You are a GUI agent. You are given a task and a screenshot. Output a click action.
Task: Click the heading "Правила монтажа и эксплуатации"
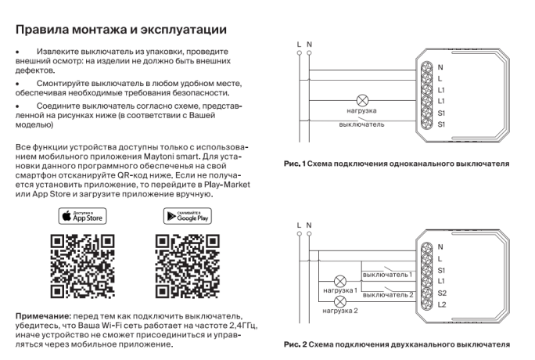[x=121, y=30]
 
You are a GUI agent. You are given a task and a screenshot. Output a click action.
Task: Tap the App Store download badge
[x=83, y=216]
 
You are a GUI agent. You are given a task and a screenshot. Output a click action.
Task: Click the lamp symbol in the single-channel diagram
[x=362, y=101]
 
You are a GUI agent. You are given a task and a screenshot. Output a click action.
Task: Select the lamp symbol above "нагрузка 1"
[x=340, y=280]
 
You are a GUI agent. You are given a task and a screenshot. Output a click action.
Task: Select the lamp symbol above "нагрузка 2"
[x=340, y=301]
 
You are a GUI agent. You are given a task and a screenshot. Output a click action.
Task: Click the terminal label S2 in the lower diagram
[x=442, y=292]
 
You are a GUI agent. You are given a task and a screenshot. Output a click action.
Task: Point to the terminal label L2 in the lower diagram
[x=442, y=304]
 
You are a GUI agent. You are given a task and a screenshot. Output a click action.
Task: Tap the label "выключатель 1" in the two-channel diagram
[x=387, y=275]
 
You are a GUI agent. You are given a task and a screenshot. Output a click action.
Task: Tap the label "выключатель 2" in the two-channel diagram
[x=387, y=294]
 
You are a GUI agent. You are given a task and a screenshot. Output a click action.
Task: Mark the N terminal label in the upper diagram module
[x=440, y=67]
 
